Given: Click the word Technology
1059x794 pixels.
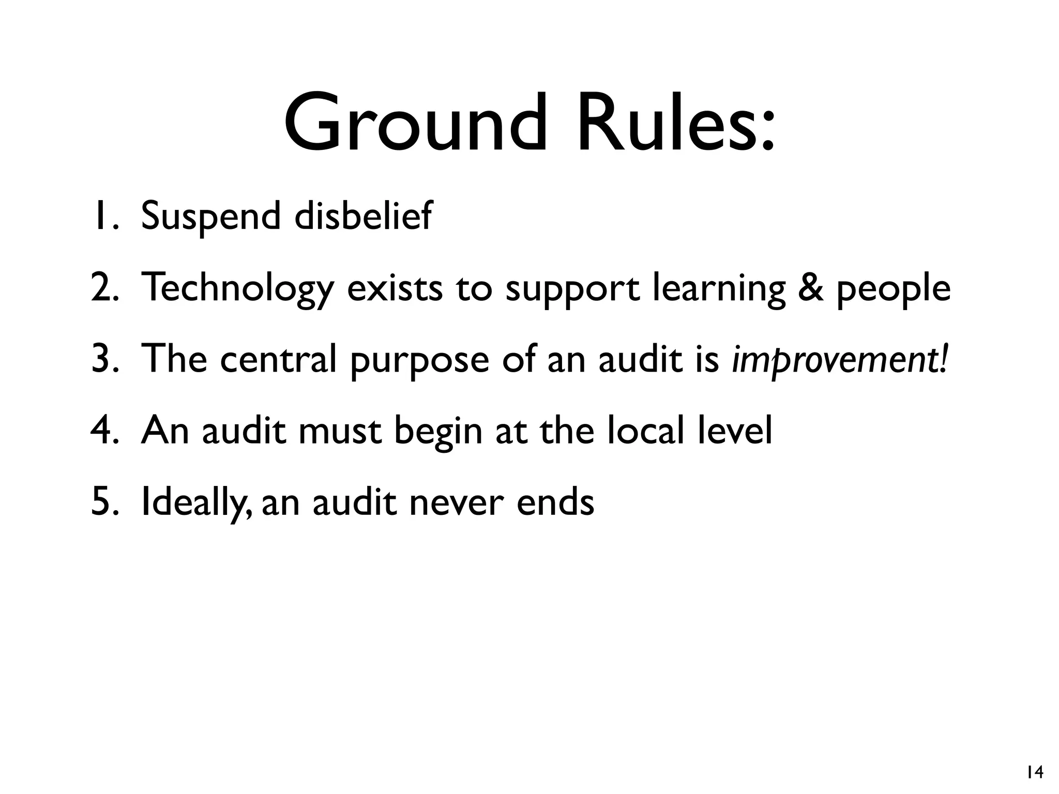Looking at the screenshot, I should [237, 288].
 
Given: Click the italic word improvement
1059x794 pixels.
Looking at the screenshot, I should [840, 360].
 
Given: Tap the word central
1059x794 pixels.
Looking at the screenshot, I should [279, 359].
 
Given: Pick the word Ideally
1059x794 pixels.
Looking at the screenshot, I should [196, 502].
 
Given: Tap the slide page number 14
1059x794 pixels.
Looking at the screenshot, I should [1035, 772].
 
